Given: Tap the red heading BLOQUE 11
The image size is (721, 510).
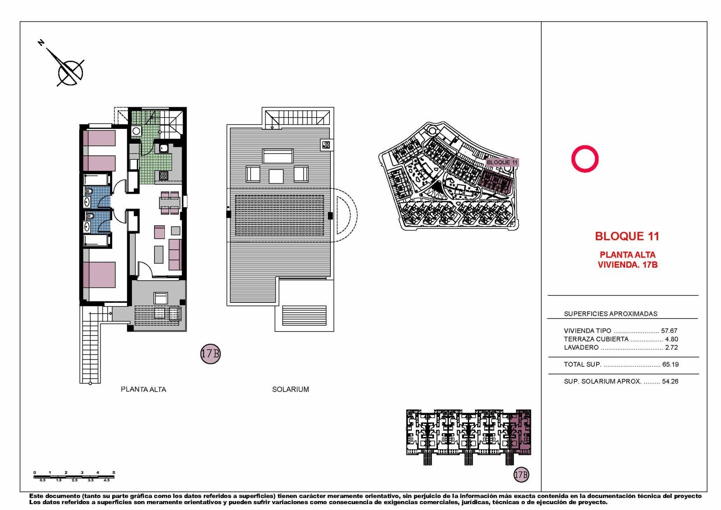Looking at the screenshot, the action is [x=627, y=237].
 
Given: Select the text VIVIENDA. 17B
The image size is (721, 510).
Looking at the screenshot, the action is [x=628, y=265].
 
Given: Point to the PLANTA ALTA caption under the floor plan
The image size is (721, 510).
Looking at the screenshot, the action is [x=143, y=389].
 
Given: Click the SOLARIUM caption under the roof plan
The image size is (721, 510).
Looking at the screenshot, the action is [x=290, y=389].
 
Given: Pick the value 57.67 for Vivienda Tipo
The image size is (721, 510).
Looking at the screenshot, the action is [x=669, y=331].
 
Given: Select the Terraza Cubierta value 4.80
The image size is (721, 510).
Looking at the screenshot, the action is [x=671, y=339].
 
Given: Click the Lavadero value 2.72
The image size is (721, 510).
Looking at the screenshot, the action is [x=671, y=347].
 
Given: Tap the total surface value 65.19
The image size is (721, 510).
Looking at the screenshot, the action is [x=671, y=364].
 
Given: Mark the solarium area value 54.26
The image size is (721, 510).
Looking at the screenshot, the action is [x=670, y=381].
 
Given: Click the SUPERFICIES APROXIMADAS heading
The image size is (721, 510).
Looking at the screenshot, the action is [x=611, y=314].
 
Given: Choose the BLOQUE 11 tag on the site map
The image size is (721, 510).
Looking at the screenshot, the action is [x=502, y=163].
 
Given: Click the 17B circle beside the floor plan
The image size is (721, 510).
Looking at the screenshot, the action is [x=210, y=354].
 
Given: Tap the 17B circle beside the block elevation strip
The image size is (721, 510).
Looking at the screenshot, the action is [x=521, y=474].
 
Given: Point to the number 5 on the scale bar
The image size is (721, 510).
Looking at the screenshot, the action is [x=114, y=472].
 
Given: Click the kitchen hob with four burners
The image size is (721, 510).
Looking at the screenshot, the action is [x=163, y=176].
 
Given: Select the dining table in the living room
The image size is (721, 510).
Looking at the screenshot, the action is [x=169, y=203].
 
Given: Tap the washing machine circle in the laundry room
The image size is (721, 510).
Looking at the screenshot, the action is [x=136, y=131].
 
